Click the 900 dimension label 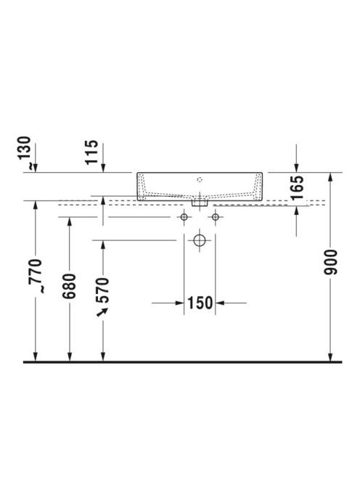[x=331, y=262]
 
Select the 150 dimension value [x=200, y=303]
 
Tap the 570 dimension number [x=102, y=290]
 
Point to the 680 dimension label [x=69, y=286]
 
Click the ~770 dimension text [x=36, y=276]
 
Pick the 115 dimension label [x=91, y=152]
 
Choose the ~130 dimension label [x=25, y=152]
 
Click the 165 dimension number [x=297, y=187]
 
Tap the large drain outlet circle [x=200, y=240]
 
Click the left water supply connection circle [x=184, y=217]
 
